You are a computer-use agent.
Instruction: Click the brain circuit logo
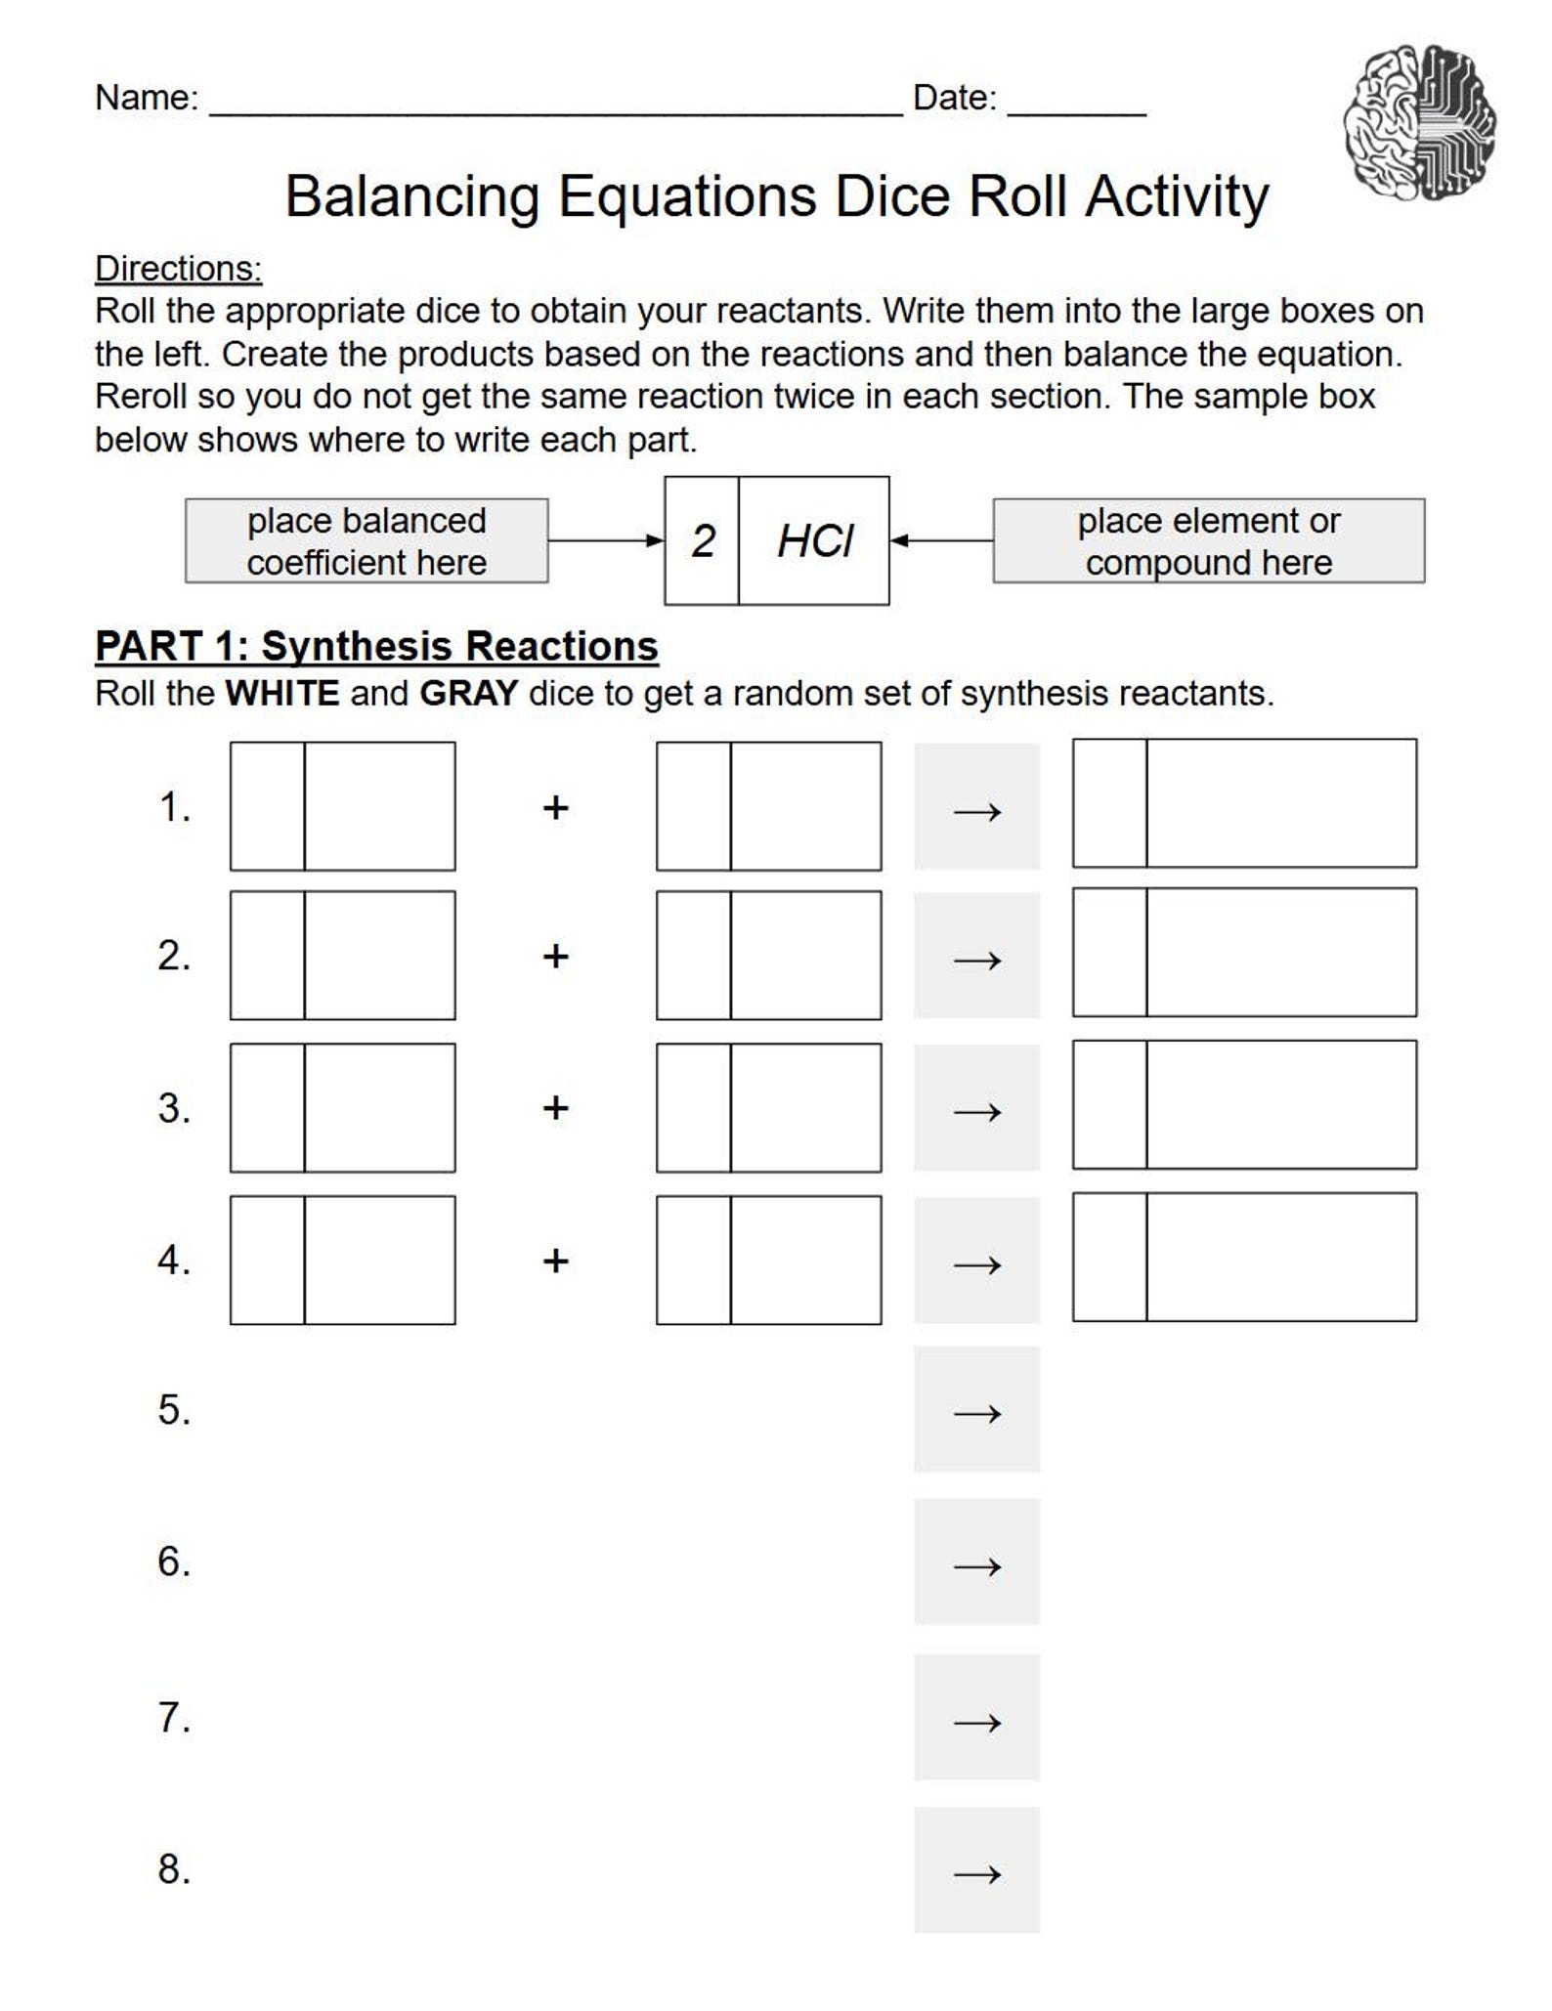click(1419, 123)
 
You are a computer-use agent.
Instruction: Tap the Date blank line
click(1076, 109)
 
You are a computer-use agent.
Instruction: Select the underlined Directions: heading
click(178, 269)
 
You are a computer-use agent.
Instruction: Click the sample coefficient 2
click(703, 541)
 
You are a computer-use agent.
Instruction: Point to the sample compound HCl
click(814, 541)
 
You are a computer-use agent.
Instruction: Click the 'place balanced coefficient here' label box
click(366, 541)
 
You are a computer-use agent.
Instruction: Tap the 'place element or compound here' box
click(1208, 541)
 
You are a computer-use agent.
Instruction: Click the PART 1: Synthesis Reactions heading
click(376, 647)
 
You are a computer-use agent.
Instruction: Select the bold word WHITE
click(282, 694)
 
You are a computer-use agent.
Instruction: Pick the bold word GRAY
click(468, 694)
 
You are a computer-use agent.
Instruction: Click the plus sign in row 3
click(555, 1108)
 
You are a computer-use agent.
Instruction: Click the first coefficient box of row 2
click(267, 956)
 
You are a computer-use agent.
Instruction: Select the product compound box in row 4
click(1280, 1258)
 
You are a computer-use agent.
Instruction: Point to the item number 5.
click(174, 1410)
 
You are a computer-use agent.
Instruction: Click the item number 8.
click(174, 1869)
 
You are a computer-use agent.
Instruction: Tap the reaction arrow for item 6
click(976, 1563)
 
